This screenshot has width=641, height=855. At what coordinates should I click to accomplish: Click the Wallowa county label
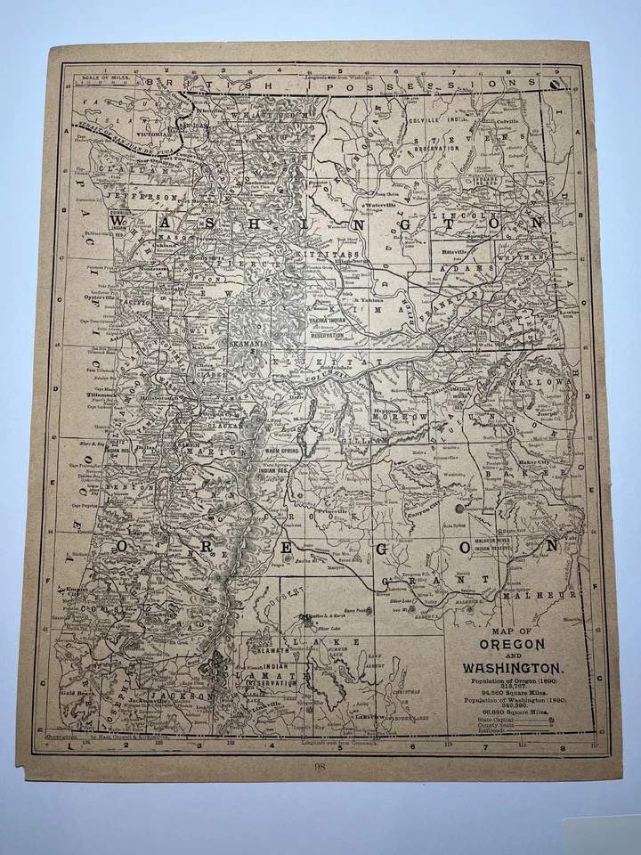[x=554, y=381]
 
